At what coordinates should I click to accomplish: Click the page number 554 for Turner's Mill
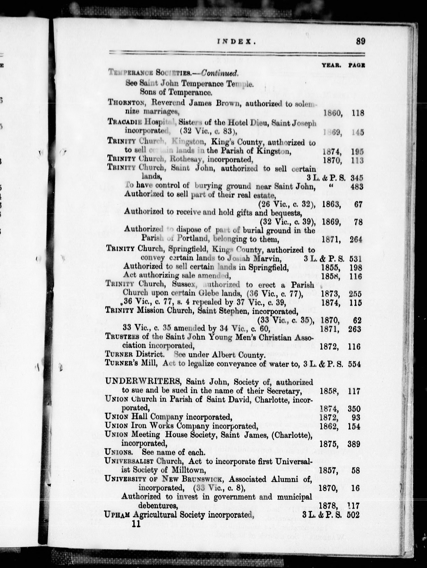355,364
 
